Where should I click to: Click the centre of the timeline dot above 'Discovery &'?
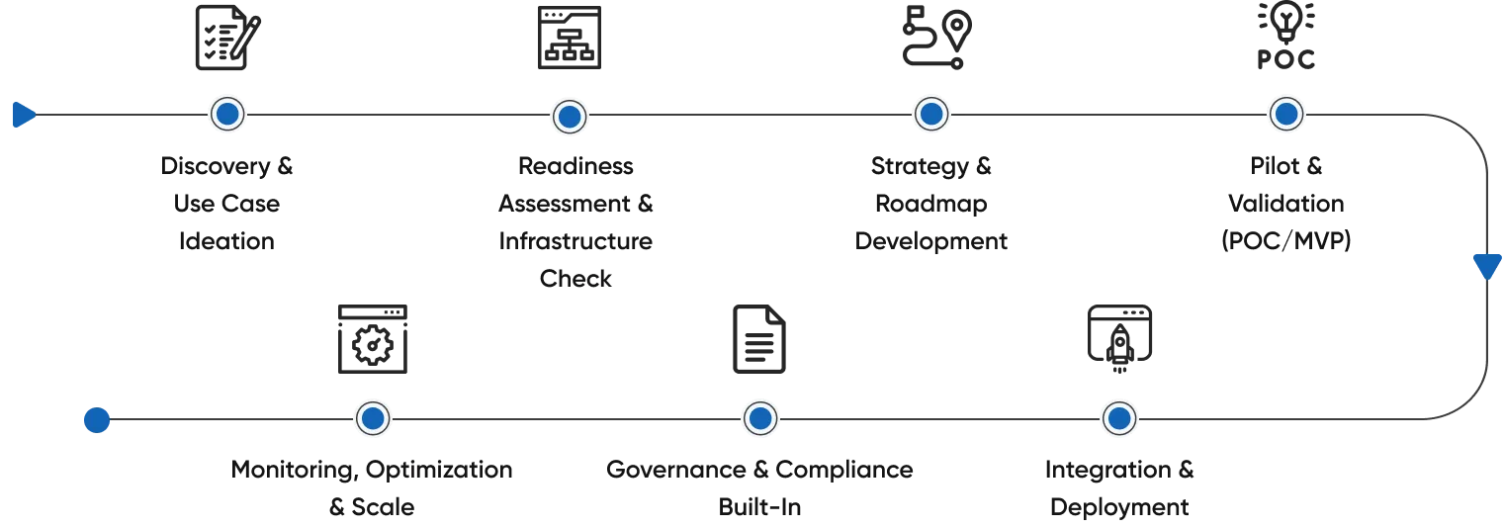point(227,114)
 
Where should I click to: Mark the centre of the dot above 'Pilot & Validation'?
point(1286,114)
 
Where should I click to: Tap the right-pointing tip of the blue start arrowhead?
point(37,115)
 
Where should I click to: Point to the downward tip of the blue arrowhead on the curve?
point(1487,280)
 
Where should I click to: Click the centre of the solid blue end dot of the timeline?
point(97,420)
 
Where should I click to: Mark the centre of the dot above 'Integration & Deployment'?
point(1119,419)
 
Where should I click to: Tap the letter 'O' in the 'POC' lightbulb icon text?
point(1285,59)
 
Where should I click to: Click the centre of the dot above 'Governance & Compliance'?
point(760,419)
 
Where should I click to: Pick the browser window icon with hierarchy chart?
point(570,38)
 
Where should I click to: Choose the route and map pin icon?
point(936,38)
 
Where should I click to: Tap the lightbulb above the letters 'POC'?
point(1286,22)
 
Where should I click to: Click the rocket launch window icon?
point(1120,339)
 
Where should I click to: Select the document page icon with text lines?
point(759,339)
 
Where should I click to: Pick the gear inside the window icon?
point(373,345)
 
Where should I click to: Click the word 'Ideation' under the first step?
point(226,241)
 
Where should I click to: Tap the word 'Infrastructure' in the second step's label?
point(575,241)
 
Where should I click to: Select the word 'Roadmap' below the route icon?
point(931,204)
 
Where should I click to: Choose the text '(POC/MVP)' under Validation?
point(1286,241)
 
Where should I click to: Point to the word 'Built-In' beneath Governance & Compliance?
point(759,507)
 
